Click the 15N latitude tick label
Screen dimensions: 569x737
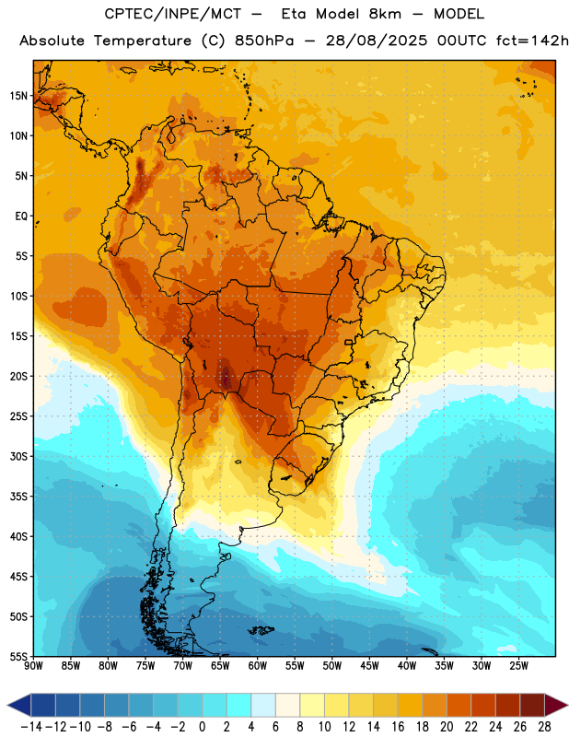[x=18, y=96]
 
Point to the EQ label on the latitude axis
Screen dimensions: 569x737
[x=21, y=216]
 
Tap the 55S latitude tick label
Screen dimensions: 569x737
[x=18, y=656]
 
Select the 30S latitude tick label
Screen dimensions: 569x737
[x=18, y=456]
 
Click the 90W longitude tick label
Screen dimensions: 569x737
[x=33, y=666]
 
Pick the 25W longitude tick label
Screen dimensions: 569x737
[x=518, y=666]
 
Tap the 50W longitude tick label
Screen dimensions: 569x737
[x=332, y=666]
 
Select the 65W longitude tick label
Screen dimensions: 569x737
[x=220, y=666]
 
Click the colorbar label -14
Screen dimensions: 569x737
[x=31, y=727]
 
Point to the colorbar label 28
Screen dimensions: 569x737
[x=544, y=727]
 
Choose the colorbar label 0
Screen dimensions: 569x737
[x=203, y=727]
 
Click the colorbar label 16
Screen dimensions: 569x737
[x=398, y=727]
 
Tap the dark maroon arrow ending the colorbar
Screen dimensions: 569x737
[x=555, y=705]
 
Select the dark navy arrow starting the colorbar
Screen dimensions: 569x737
[x=19, y=705]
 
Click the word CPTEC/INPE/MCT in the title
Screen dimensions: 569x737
[x=172, y=14]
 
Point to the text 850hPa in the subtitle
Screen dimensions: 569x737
[x=264, y=41]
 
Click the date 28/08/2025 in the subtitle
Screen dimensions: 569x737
[x=377, y=41]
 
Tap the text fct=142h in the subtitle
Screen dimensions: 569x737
[x=532, y=41]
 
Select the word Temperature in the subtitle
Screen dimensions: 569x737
[x=143, y=41]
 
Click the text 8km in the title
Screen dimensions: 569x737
[x=385, y=14]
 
